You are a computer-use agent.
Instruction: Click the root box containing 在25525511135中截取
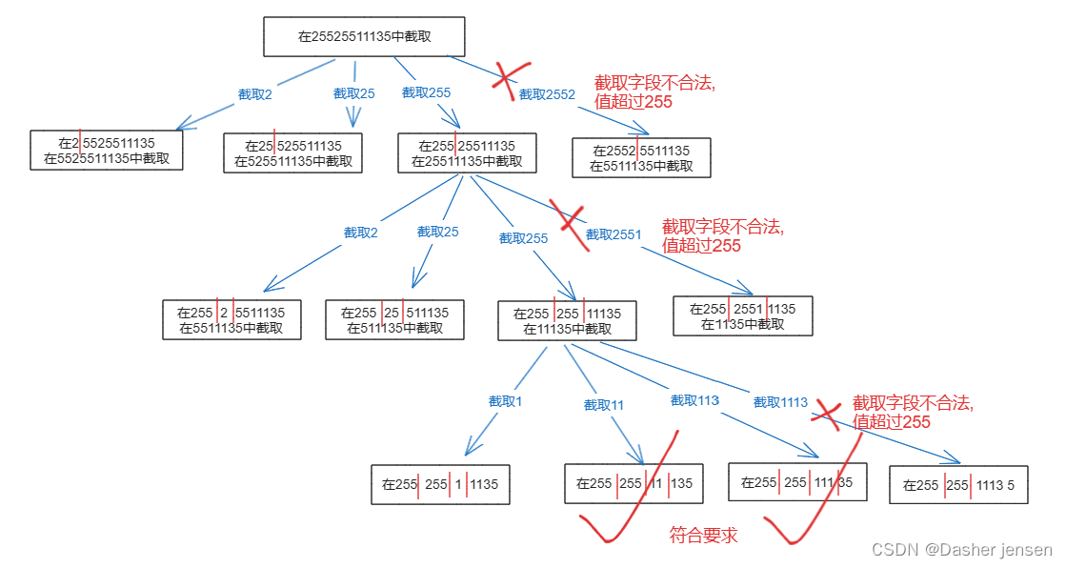[x=364, y=36]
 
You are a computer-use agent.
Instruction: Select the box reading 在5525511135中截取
[x=106, y=151]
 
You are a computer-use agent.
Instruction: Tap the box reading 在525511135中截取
[x=293, y=153]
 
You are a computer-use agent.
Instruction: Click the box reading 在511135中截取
[x=394, y=320]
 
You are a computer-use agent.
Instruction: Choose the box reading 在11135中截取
[x=567, y=321]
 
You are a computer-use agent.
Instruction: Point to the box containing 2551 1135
[x=743, y=315]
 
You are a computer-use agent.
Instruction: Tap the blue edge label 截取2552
[x=547, y=94]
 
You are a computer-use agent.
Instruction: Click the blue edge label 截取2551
[x=613, y=234]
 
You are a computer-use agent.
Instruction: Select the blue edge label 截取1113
[x=780, y=402]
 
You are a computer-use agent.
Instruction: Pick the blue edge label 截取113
[x=694, y=400]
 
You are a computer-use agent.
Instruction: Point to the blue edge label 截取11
[x=604, y=404]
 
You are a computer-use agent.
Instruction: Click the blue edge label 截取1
[x=505, y=401]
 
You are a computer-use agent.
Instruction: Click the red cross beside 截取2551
[x=573, y=222]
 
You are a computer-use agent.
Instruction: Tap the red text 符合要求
[x=703, y=536]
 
